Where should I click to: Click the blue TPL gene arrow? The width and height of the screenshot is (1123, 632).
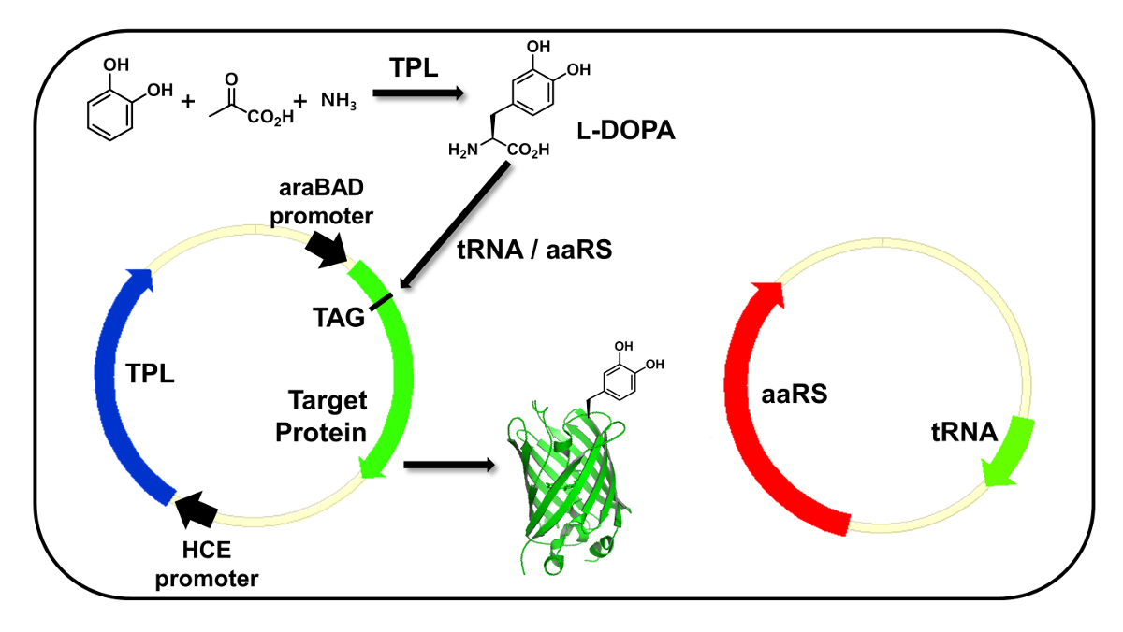coord(110,374)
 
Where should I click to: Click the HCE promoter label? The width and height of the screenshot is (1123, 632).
coord(207,567)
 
